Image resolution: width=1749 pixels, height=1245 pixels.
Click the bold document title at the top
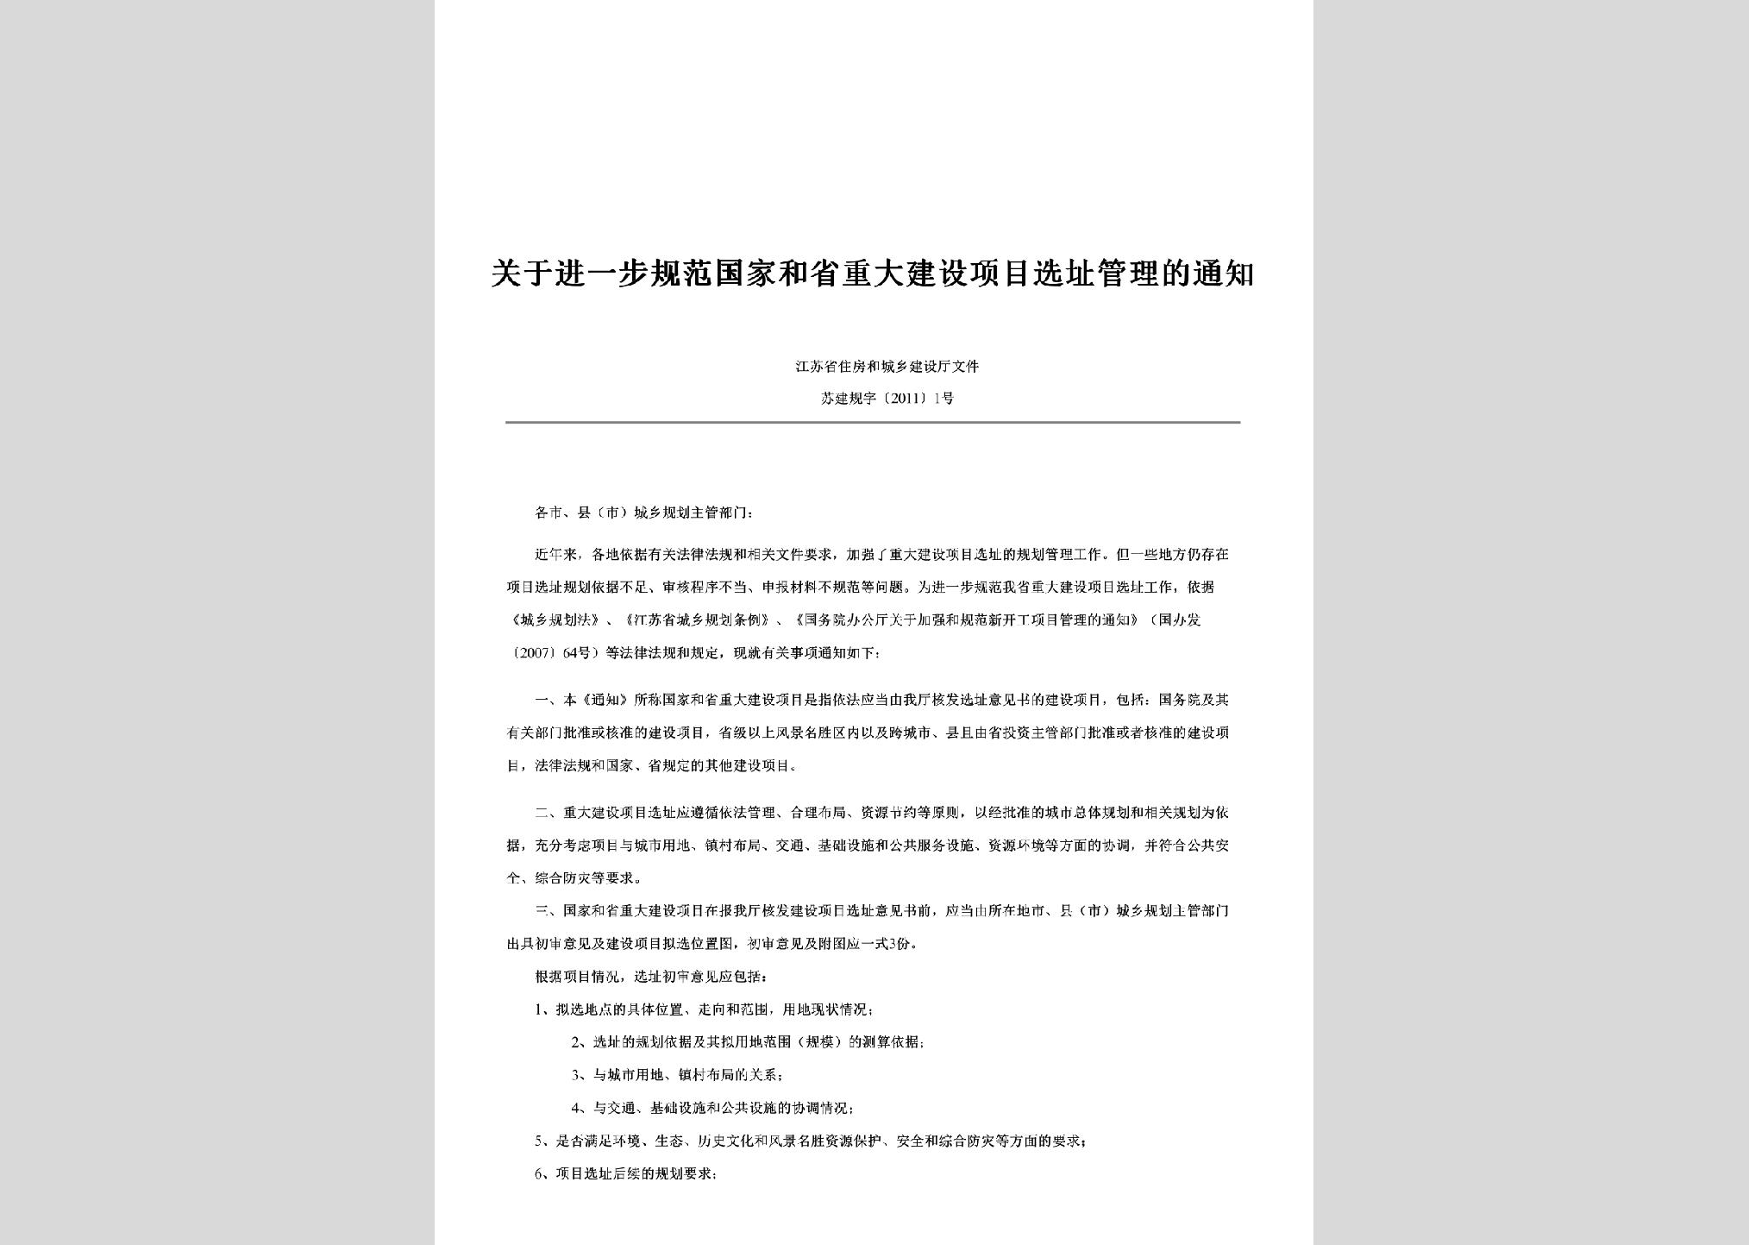coord(873,275)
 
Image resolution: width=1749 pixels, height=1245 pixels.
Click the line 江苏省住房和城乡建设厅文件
coord(887,367)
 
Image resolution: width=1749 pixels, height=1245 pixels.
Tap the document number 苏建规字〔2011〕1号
coord(887,399)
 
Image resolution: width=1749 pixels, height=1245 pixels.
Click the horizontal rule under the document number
coord(873,422)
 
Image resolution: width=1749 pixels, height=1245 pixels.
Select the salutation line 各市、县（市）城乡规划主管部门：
coord(644,512)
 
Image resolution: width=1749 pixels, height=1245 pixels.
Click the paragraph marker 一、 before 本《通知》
coord(548,700)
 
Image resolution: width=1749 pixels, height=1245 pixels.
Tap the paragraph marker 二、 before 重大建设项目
coord(548,813)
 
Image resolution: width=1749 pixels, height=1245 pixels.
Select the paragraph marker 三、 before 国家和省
coord(548,911)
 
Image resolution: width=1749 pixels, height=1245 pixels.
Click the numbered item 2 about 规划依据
coord(748,1042)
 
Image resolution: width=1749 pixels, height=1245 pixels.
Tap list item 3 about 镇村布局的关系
coord(678,1075)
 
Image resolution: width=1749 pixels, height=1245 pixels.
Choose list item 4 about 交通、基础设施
coord(712,1108)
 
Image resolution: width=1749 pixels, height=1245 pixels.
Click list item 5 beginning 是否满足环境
coord(810,1141)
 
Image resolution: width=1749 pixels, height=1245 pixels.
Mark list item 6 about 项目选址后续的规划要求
coord(626,1174)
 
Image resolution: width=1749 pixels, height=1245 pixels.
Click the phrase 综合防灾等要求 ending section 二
coord(586,878)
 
